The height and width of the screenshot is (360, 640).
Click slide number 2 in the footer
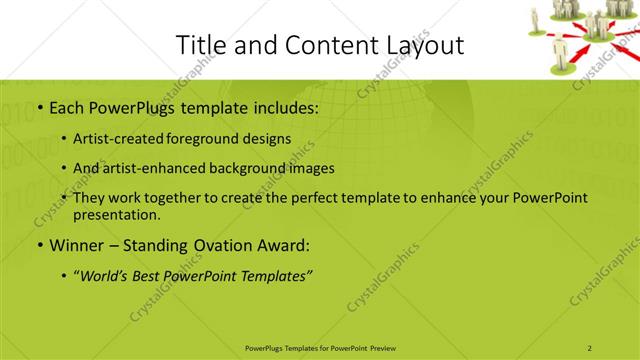[590, 347]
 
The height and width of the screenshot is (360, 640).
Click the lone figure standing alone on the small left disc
[535, 19]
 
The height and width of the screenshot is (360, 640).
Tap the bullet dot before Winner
[39, 245]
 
